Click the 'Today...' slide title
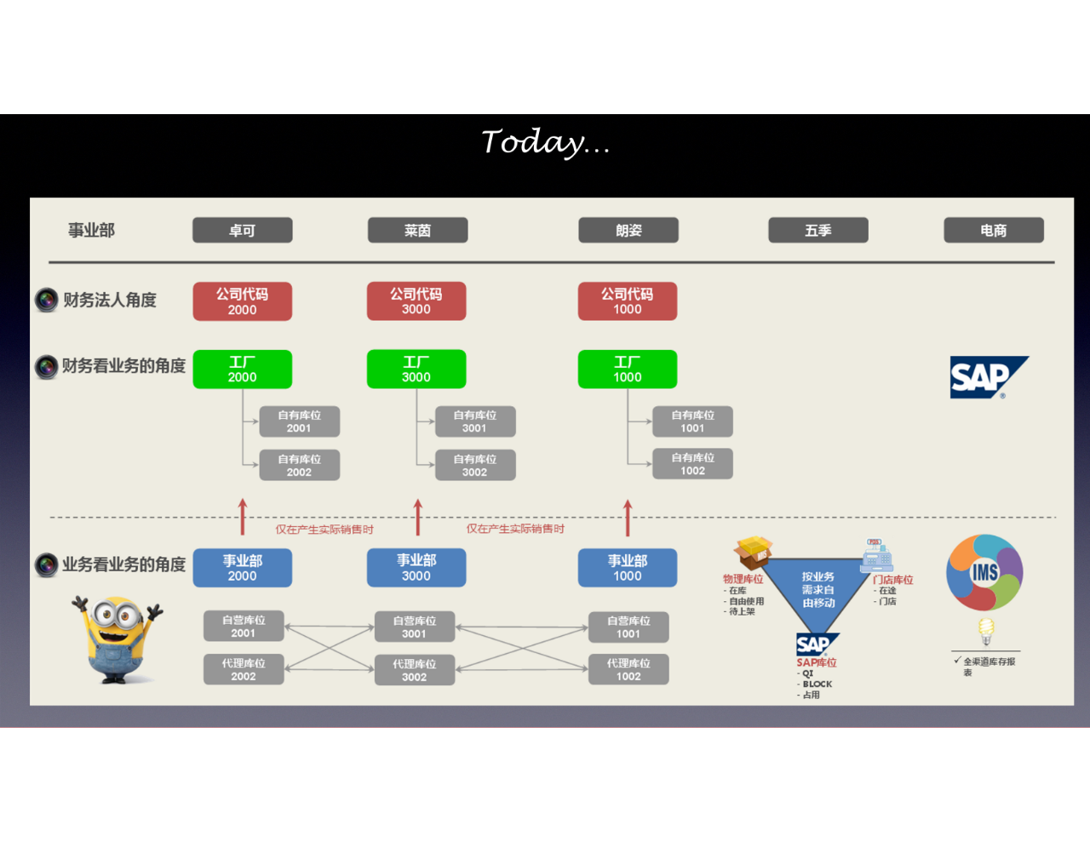(546, 142)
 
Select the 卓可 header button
(242, 230)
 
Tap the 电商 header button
(993, 230)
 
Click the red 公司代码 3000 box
(416, 301)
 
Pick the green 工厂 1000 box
(628, 369)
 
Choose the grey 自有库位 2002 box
(299, 465)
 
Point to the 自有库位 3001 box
(474, 421)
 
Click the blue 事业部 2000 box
(243, 568)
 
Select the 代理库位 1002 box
(628, 669)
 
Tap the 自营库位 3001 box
(415, 627)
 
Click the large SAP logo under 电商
(988, 377)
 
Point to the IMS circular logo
(984, 572)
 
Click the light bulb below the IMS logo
(986, 631)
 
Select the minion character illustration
(117, 639)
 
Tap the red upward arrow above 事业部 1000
(628, 518)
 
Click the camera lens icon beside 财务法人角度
(46, 300)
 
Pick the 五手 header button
(817, 230)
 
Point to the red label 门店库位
(892, 580)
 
